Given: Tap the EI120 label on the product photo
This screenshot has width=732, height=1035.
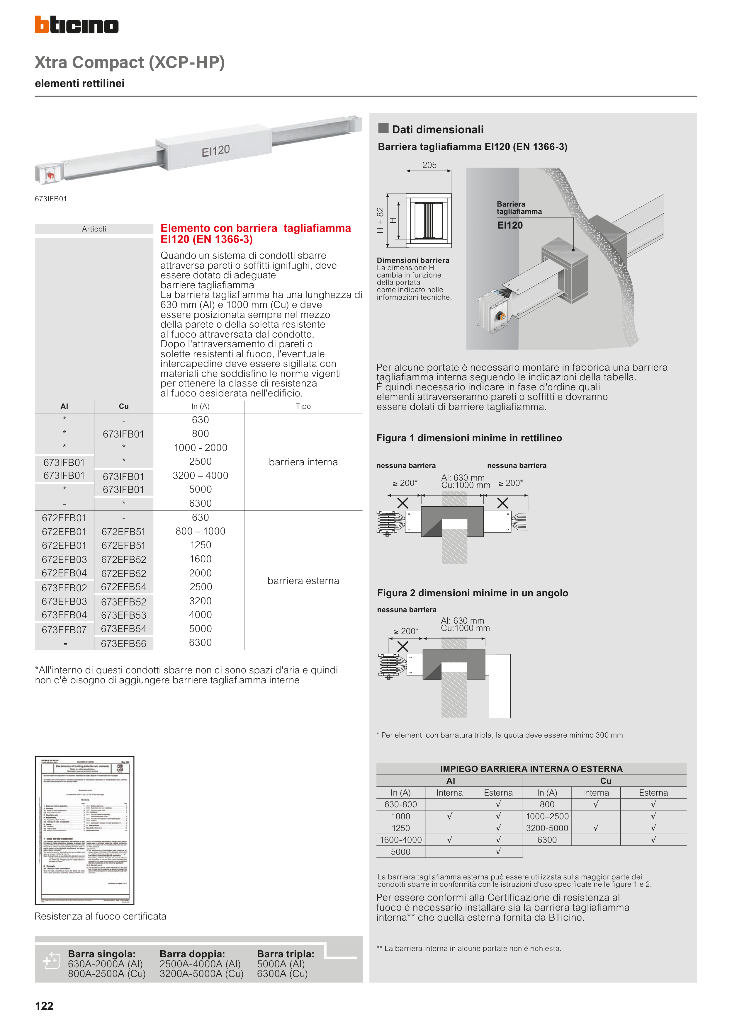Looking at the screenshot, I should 215,151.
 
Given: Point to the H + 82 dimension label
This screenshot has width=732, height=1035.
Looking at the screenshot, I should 380,220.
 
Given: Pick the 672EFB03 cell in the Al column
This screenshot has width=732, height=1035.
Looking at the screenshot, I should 64,559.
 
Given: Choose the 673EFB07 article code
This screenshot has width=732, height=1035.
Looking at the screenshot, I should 64,630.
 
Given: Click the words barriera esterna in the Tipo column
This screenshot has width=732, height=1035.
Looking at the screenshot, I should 303,581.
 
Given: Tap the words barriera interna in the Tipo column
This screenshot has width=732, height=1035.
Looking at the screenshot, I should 303,462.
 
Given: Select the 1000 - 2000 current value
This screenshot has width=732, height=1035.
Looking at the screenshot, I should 200,448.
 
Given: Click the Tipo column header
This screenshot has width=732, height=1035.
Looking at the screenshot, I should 303,406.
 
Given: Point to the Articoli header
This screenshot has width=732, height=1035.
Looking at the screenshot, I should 94,229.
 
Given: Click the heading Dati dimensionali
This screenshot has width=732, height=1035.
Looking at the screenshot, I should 437,130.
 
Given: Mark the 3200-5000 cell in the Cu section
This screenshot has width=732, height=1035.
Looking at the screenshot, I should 547,828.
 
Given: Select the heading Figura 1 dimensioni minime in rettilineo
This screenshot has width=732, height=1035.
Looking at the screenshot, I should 469,438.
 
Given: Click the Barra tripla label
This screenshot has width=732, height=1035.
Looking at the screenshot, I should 286,954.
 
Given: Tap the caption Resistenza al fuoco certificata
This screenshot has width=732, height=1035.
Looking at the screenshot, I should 101,916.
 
